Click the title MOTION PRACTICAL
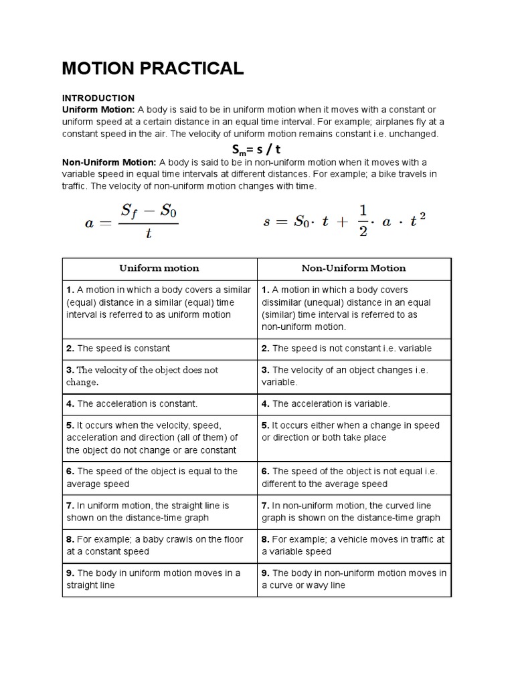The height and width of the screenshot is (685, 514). pos(153,68)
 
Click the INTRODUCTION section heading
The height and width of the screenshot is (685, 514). pos(98,98)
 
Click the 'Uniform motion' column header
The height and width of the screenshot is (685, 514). pos(159,268)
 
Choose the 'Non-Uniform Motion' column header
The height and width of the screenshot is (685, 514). pos(354,268)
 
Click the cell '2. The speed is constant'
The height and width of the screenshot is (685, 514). pos(159,349)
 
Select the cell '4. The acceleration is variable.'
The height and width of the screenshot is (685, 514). pos(354,404)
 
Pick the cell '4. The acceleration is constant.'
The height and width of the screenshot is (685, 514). pos(159,404)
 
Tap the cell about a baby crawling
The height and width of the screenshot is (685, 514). pos(159,545)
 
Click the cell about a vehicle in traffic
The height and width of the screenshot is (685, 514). pos(354,545)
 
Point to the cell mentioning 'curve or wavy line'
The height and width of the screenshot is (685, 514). pos(354,579)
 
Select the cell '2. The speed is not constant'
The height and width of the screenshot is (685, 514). pos(354,349)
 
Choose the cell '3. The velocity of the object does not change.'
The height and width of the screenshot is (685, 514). pos(159,376)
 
